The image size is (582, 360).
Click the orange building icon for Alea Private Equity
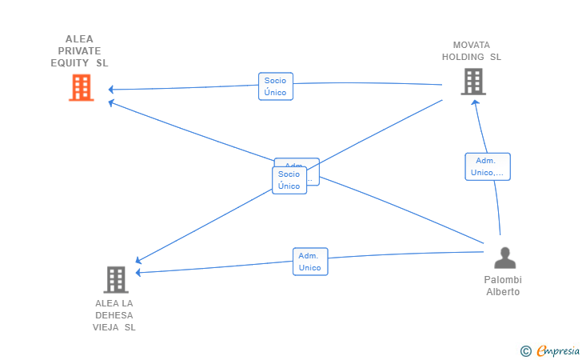click(x=81, y=87)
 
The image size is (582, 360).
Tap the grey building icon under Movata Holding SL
click(x=472, y=82)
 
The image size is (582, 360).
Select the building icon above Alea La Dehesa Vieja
click(x=116, y=279)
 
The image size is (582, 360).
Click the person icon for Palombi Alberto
click(x=504, y=258)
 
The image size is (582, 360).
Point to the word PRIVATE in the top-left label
click(x=79, y=50)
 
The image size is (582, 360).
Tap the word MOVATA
click(x=472, y=45)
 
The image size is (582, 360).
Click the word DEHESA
click(x=114, y=315)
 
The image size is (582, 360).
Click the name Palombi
click(x=503, y=280)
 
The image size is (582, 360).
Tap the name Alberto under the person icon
click(x=503, y=292)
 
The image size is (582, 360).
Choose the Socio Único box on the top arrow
click(x=276, y=86)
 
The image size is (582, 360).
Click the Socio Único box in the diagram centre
click(x=289, y=180)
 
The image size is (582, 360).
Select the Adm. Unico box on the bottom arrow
click(x=310, y=262)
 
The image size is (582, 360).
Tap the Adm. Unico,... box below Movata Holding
click(x=488, y=166)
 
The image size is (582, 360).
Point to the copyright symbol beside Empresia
click(x=525, y=350)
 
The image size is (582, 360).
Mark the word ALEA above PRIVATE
click(x=79, y=38)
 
